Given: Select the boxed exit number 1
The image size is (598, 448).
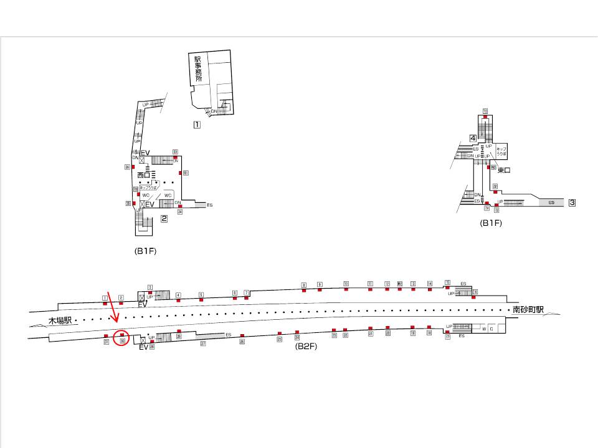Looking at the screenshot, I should point(196,124).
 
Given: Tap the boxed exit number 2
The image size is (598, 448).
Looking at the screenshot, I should point(164,218).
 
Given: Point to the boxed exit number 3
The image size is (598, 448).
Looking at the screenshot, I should point(572,202).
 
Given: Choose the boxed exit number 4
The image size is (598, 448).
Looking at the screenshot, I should point(473,138).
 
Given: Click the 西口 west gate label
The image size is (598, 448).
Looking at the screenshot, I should point(145,175).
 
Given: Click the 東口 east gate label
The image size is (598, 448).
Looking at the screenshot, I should point(503,169).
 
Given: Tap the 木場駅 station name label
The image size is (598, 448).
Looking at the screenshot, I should point(60,320).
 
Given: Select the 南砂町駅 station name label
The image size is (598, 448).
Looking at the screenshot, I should point(524,309).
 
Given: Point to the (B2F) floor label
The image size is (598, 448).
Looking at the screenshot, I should point(306,347).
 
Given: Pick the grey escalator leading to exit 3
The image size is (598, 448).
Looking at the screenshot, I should point(551,202).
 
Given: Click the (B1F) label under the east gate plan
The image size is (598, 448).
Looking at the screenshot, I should point(491,223).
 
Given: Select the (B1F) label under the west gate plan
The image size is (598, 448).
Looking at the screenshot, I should point(145,251).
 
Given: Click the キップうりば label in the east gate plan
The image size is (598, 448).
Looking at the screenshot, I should point(501,151).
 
